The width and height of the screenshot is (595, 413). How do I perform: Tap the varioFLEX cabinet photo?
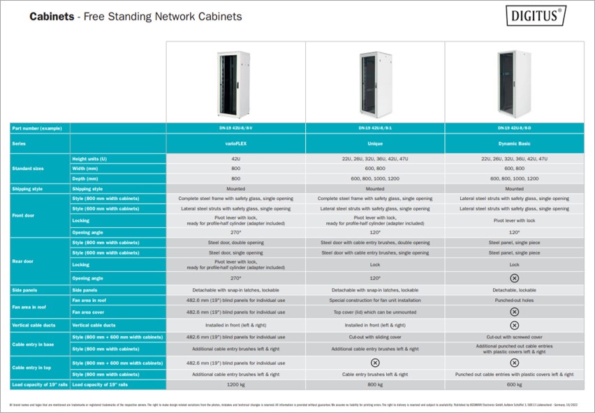[x=235, y=82]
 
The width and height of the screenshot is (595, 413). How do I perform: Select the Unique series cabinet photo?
[x=374, y=82]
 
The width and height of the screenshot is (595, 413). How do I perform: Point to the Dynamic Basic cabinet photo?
[x=514, y=82]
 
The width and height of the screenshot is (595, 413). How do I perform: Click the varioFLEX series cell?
[x=235, y=143]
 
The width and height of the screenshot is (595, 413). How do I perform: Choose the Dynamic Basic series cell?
[x=514, y=143]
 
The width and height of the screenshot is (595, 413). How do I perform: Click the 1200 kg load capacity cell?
[x=235, y=384]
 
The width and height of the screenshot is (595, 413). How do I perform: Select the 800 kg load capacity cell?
[x=375, y=384]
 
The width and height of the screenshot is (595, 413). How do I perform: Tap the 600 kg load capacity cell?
[x=514, y=384]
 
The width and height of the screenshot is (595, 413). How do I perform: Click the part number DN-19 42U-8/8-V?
[x=235, y=128]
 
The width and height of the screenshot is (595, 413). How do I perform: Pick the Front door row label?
[x=24, y=215]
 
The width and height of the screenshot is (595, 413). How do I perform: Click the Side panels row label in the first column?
[x=25, y=289]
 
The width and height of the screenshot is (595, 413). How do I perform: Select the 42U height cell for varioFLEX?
[x=235, y=159]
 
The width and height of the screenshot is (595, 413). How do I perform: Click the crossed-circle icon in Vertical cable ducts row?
[x=514, y=325]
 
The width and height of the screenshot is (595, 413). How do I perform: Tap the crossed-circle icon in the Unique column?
[x=375, y=363]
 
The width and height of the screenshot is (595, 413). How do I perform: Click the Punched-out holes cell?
[x=514, y=300]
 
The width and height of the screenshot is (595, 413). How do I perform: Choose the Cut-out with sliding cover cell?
[x=375, y=337]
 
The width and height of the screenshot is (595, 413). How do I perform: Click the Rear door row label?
[x=23, y=261]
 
